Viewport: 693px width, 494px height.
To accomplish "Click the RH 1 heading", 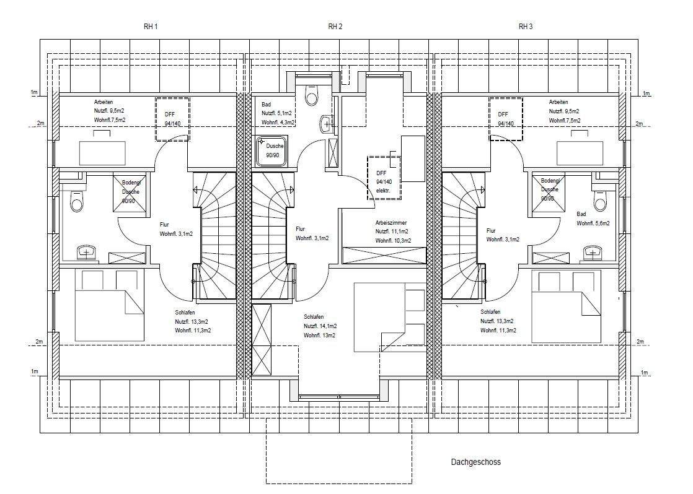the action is click(151, 27).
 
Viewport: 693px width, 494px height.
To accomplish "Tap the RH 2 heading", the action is click(335, 27).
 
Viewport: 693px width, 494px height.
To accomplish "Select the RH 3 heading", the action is click(526, 27).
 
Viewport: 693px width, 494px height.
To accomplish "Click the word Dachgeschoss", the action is click(476, 462).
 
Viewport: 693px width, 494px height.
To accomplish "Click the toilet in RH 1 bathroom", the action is click(76, 201).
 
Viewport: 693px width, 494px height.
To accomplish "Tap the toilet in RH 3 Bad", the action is click(599, 201).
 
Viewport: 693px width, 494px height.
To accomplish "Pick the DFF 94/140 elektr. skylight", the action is click(384, 178).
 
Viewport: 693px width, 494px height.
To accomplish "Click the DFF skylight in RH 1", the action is click(172, 119).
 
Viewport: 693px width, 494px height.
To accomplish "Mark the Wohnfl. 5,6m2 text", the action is click(593, 223).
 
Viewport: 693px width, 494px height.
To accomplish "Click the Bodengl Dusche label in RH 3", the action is click(550, 189).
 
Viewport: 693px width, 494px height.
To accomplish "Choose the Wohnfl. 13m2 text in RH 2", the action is click(320, 336).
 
